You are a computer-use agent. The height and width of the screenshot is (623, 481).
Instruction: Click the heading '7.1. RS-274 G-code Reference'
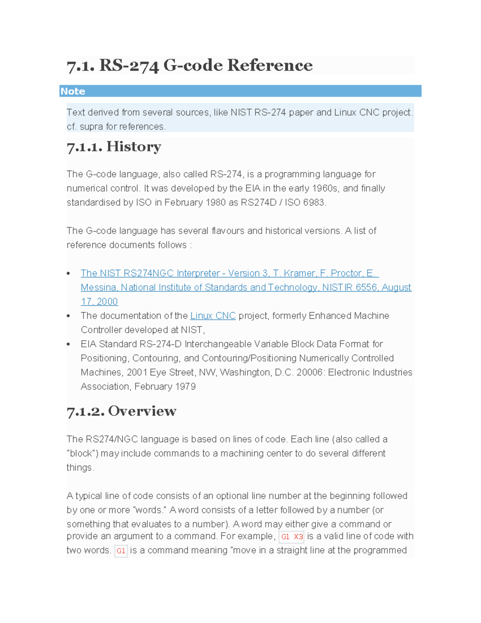(x=189, y=65)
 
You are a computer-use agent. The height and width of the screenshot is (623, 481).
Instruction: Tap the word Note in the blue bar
(x=73, y=91)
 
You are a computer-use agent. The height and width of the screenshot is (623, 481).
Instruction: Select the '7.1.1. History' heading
(x=114, y=147)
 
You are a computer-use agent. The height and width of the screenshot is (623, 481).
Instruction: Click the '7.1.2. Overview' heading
(x=121, y=411)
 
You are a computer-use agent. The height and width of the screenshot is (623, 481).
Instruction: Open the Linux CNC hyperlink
(x=213, y=316)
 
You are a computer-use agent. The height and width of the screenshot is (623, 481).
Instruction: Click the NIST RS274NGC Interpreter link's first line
(x=229, y=273)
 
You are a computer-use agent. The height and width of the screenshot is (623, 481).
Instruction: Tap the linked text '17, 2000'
(x=99, y=302)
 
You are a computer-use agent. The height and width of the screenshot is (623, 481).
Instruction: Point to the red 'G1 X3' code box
(x=291, y=537)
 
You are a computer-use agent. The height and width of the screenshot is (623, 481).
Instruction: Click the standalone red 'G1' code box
(x=121, y=551)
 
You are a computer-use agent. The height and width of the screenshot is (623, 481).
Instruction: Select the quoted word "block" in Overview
(x=82, y=454)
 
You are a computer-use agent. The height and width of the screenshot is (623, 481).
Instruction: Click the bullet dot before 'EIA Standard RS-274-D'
(x=69, y=344)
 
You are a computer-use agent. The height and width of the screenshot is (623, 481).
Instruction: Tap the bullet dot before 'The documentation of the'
(x=69, y=316)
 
